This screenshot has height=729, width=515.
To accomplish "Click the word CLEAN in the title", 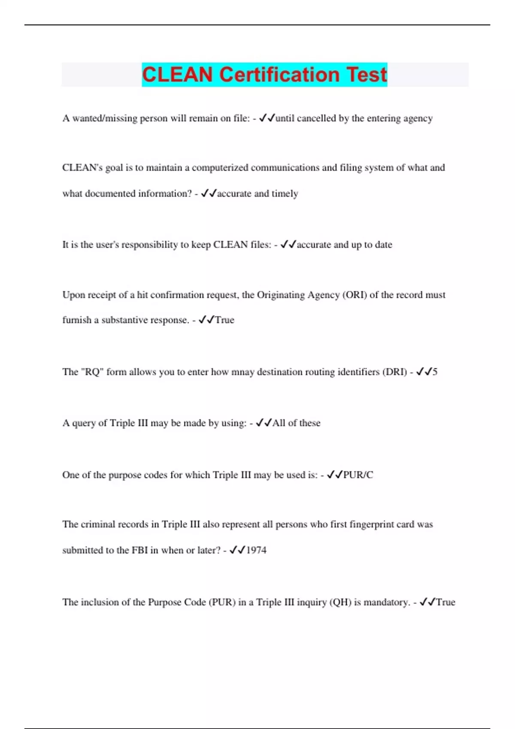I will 177,75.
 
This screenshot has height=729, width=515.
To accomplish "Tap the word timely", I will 285,194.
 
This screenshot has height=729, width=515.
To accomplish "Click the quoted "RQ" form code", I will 92,372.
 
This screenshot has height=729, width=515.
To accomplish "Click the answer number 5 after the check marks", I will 435,372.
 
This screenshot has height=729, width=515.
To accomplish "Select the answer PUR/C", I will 358,475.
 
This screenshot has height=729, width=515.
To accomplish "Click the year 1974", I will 256,550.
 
